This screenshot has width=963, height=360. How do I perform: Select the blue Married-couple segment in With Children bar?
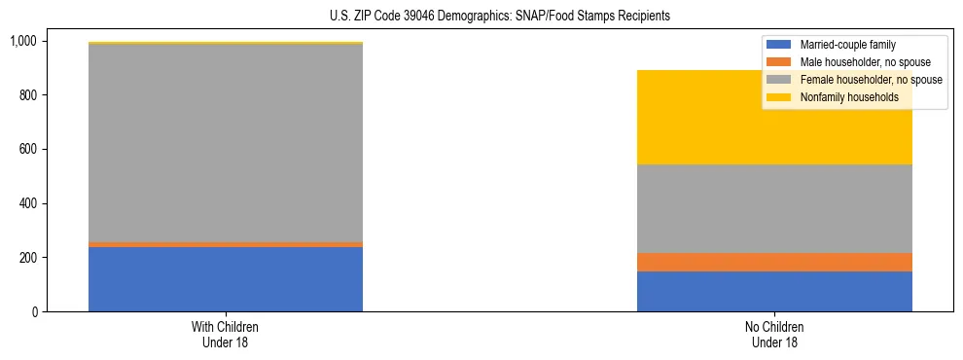pos(226,279)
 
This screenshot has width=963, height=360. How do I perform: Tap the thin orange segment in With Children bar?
pos(226,244)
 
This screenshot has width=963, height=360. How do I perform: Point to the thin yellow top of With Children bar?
pos(226,43)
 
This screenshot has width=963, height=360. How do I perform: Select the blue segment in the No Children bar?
pos(774,291)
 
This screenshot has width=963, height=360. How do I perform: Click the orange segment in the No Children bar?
pos(774,262)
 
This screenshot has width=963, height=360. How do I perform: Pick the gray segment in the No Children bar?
pos(774,208)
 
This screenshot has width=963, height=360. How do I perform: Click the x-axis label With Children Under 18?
pos(226,335)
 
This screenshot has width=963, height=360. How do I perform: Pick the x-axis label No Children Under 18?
pos(774,335)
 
